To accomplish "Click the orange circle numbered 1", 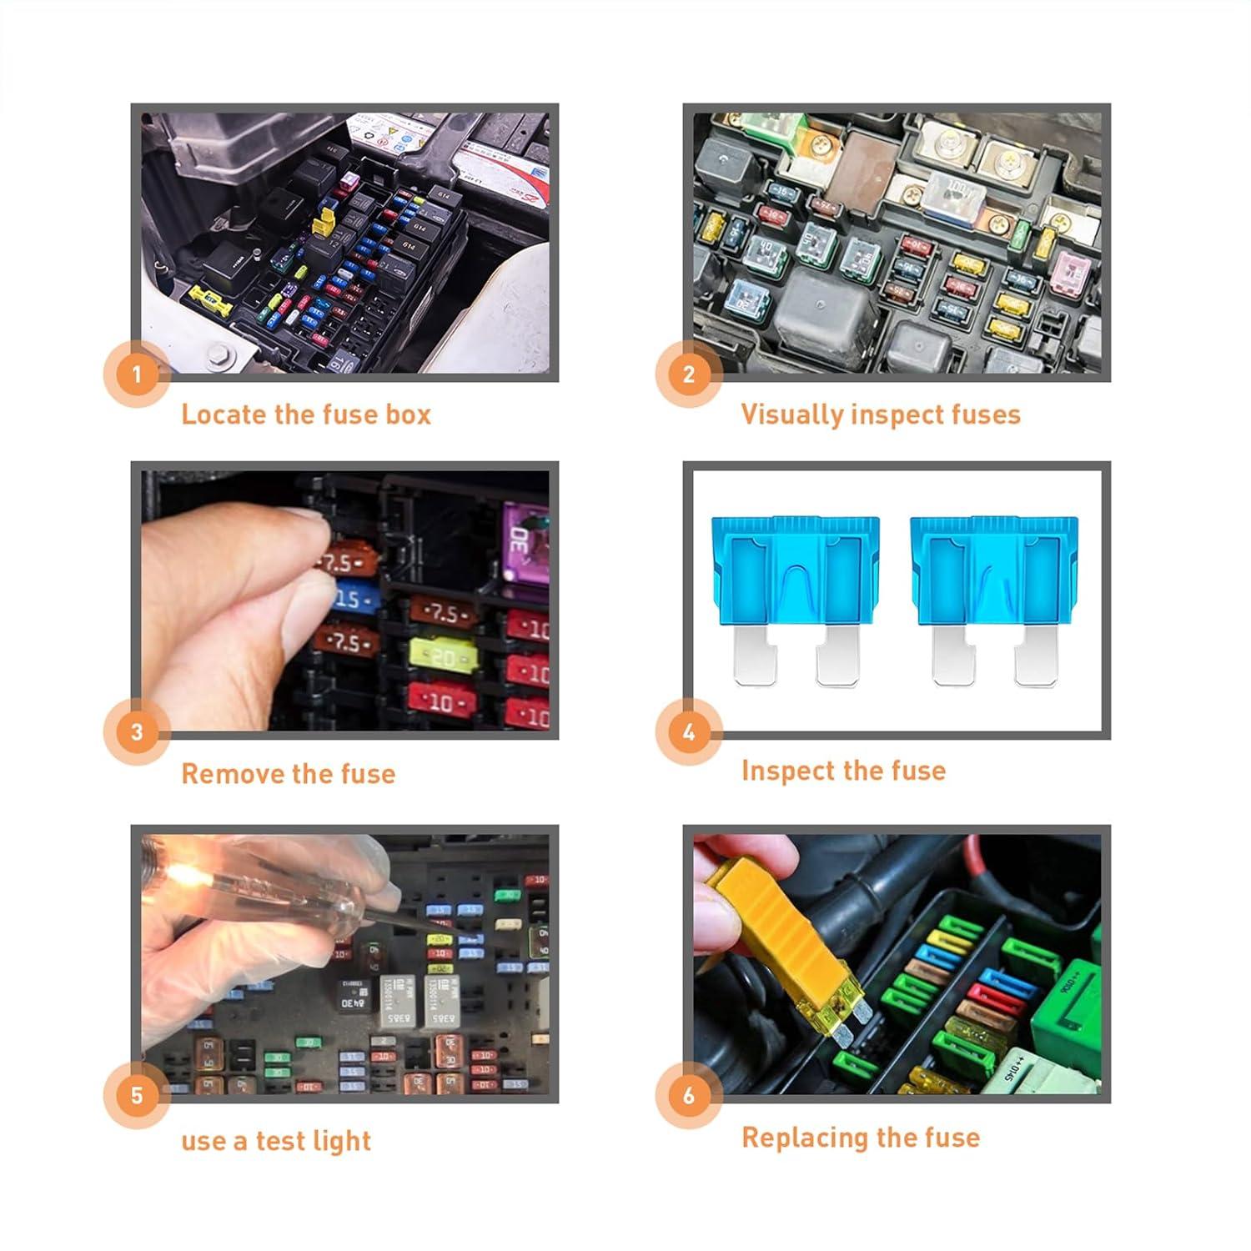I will pos(137,374).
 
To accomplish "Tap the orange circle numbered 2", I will pos(689,374).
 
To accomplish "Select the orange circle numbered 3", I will pos(137,732).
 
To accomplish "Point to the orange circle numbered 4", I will pos(689,732).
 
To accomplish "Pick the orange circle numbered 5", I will pos(137,1095).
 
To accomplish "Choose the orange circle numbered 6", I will pos(689,1095).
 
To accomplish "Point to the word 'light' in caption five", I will pos(342,1140).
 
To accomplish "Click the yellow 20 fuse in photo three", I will pos(444,657).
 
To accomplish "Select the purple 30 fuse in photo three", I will pos(524,540).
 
